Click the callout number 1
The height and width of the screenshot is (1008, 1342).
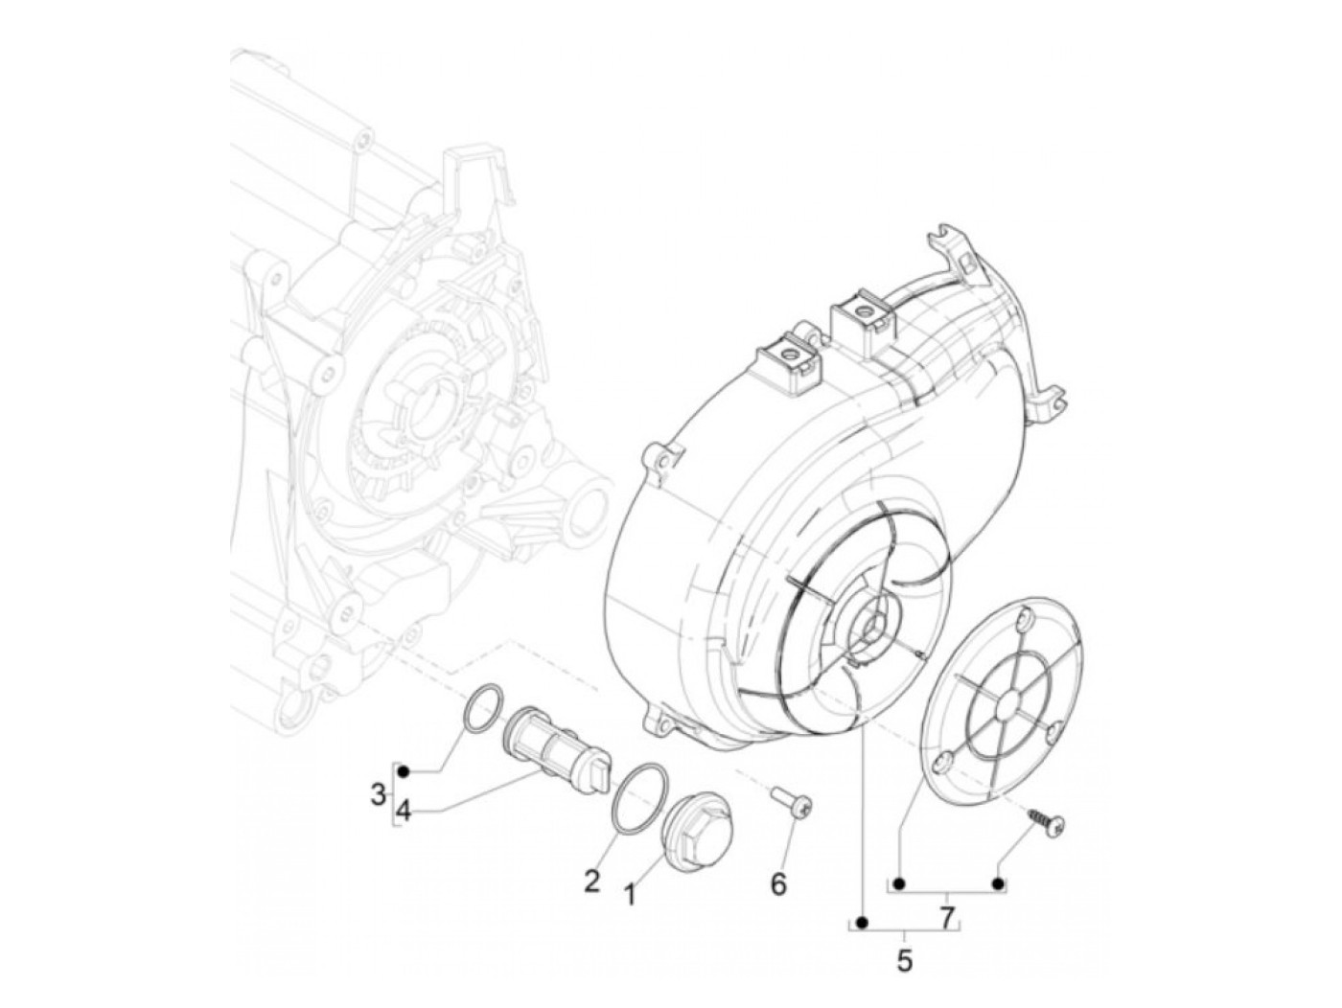pyautogui.click(x=630, y=895)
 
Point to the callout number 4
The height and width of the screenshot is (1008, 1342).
pyautogui.click(x=404, y=811)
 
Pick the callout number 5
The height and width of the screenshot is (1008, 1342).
pyautogui.click(x=905, y=961)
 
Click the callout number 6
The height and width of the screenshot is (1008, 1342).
pyautogui.click(x=778, y=884)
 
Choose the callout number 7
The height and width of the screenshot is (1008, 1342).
pyautogui.click(x=947, y=919)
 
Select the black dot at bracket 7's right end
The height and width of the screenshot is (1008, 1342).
pyautogui.click(x=998, y=882)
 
